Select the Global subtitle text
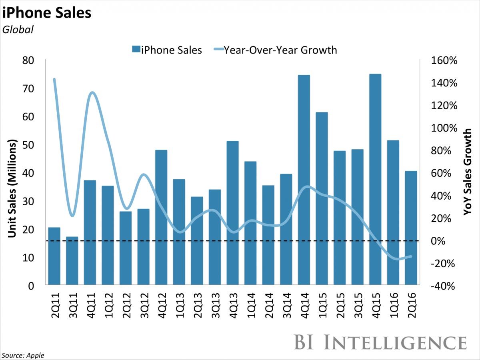point(18,29)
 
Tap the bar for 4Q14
point(304,180)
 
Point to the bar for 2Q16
point(410,228)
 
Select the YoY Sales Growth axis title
point(468,172)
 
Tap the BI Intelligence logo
point(380,343)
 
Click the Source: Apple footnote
point(23,355)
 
